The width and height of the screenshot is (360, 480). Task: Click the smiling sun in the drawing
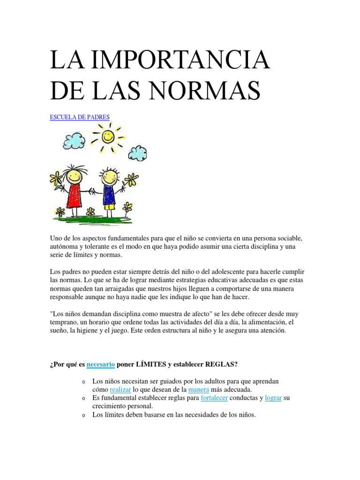click(x=107, y=137)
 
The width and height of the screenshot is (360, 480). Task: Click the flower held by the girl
click(x=56, y=178)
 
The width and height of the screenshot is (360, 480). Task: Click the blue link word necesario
click(x=101, y=363)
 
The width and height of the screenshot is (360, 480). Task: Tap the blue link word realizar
click(x=120, y=390)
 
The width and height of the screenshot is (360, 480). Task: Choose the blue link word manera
click(x=198, y=390)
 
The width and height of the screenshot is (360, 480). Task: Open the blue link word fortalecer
click(x=214, y=398)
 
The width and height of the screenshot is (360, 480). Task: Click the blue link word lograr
click(x=273, y=398)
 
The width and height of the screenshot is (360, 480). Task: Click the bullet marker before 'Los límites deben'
click(x=83, y=415)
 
